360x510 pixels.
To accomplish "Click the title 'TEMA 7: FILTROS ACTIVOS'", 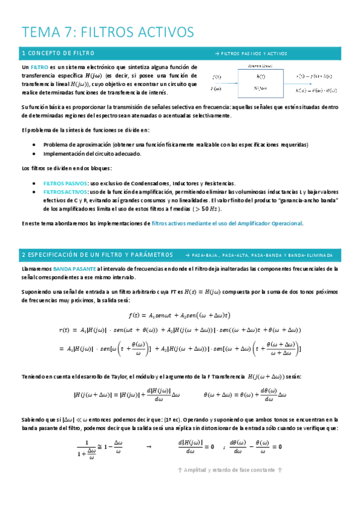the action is pos(108,31).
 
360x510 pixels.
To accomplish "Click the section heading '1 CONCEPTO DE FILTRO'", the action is pos(58,53).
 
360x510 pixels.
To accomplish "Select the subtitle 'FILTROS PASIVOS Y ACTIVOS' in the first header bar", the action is pos(252,54).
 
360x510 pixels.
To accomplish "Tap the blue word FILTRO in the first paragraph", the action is pos(40,67).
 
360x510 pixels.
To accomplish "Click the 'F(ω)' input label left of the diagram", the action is pos(217,89).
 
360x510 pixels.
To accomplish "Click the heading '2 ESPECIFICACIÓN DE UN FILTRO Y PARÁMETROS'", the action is pos(97,254).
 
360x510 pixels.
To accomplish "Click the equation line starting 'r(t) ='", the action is pos(180,330).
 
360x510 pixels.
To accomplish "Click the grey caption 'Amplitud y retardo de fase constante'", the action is pos(233,470).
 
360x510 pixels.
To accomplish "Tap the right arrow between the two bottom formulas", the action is pos(148,447).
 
